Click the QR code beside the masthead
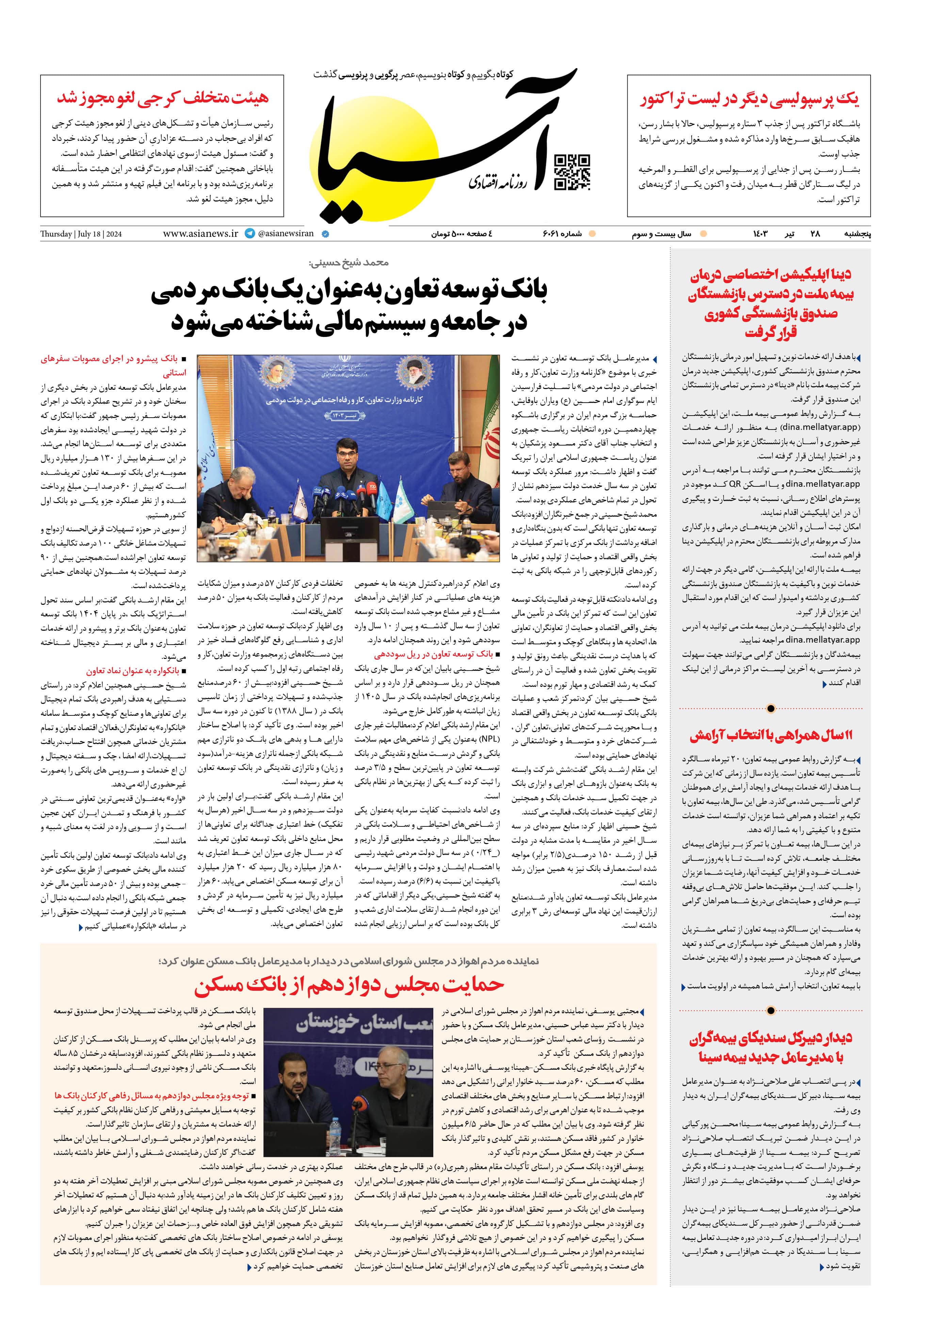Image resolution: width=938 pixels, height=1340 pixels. [571, 172]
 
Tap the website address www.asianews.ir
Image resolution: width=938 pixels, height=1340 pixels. [200, 233]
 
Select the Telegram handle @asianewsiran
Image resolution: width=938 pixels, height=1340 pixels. [286, 233]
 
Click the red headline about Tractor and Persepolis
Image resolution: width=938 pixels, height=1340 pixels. [749, 99]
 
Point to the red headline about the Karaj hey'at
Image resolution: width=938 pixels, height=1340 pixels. [163, 97]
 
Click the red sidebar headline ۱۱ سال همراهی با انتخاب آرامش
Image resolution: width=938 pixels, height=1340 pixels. [771, 736]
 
